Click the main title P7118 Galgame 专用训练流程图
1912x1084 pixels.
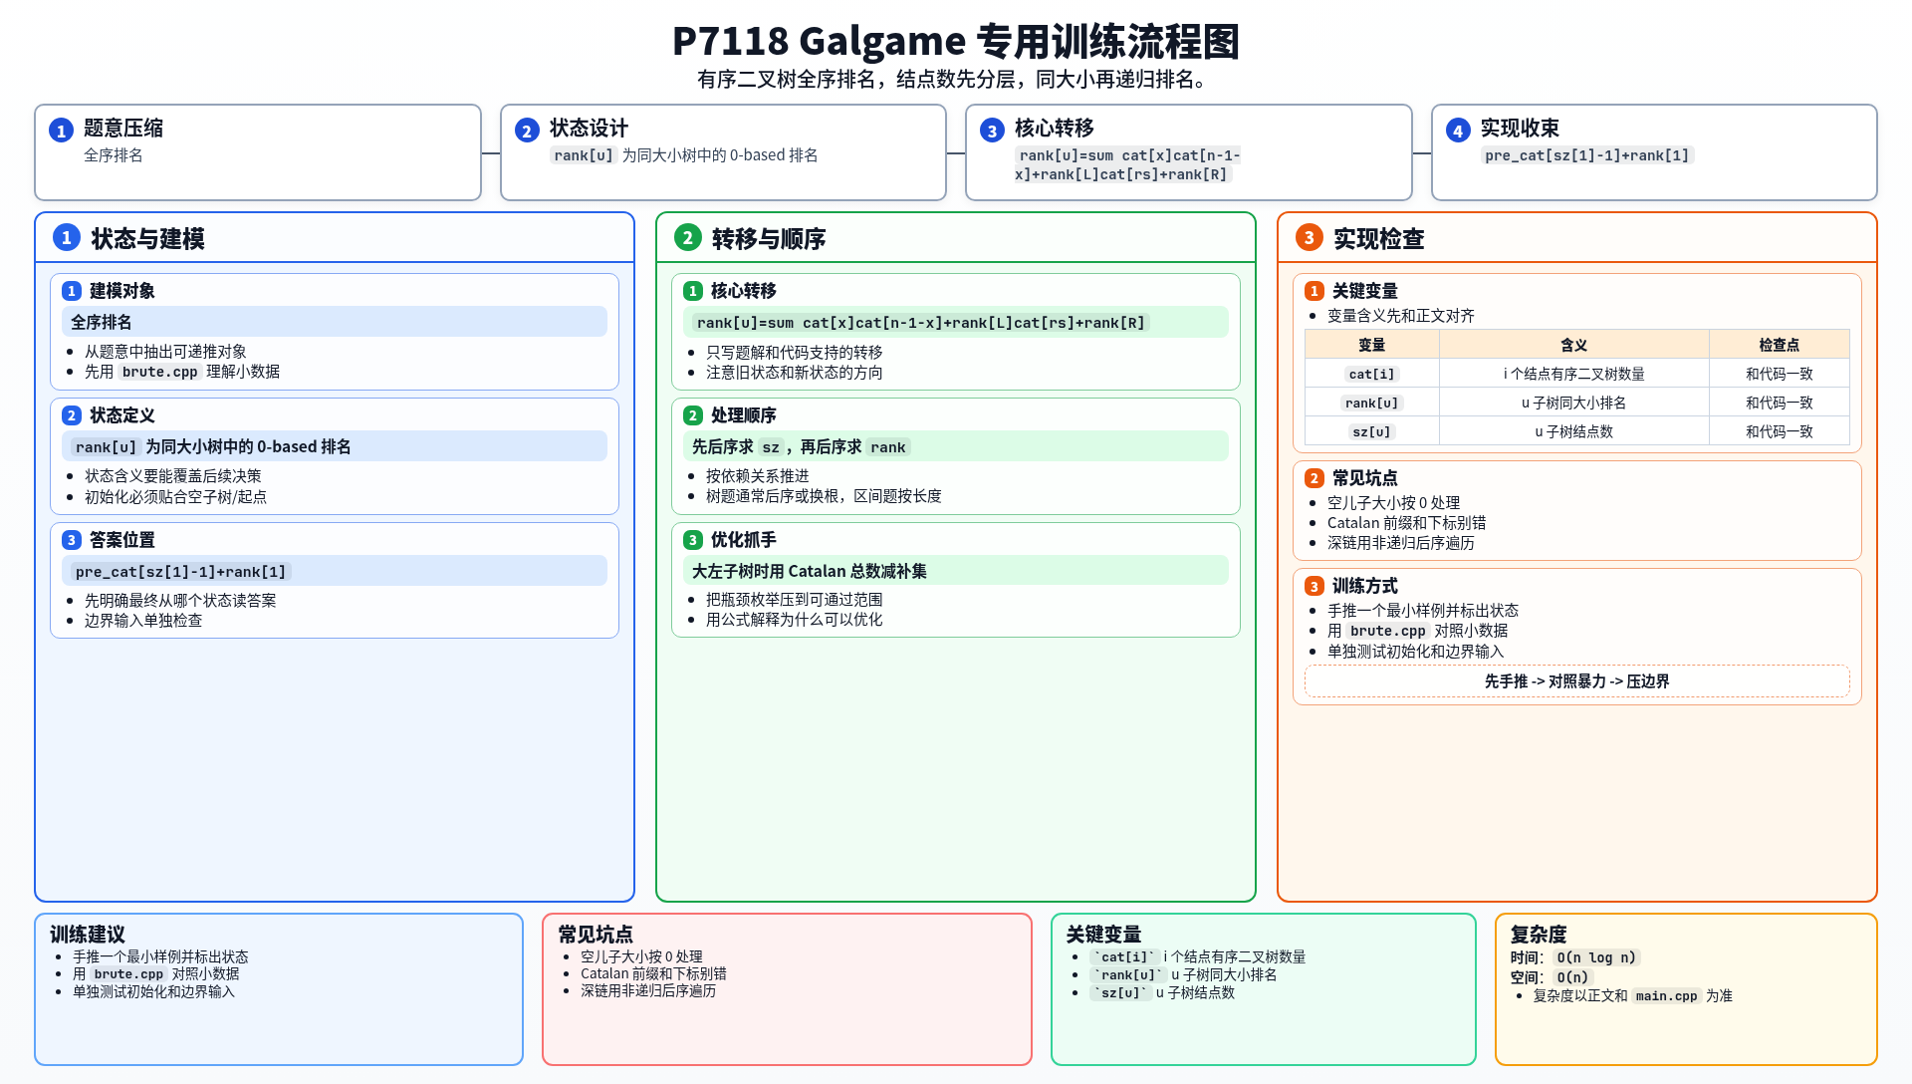click(955, 42)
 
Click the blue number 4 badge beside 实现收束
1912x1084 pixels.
click(1458, 131)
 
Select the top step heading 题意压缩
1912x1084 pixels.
click(123, 129)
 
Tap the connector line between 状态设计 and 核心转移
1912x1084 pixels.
click(956, 153)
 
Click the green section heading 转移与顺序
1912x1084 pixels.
click(769, 239)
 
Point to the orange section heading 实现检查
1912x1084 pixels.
click(1378, 239)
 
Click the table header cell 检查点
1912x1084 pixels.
click(1779, 345)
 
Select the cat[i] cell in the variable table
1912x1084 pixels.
click(1371, 374)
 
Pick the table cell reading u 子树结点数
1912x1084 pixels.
click(1573, 431)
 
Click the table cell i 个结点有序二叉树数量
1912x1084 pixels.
click(1573, 374)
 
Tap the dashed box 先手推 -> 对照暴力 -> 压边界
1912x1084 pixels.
click(1576, 681)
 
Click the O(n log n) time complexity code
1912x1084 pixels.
click(1596, 957)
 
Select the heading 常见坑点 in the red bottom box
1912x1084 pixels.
click(596, 935)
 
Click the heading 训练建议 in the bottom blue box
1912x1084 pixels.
click(88, 935)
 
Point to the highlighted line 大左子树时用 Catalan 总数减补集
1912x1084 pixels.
click(810, 571)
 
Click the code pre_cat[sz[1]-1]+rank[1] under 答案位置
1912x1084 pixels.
click(180, 572)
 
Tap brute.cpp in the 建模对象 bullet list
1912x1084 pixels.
click(159, 372)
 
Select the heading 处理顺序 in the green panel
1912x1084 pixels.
click(743, 415)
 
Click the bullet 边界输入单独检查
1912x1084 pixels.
click(143, 621)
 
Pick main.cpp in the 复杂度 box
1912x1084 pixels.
click(1666, 996)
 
